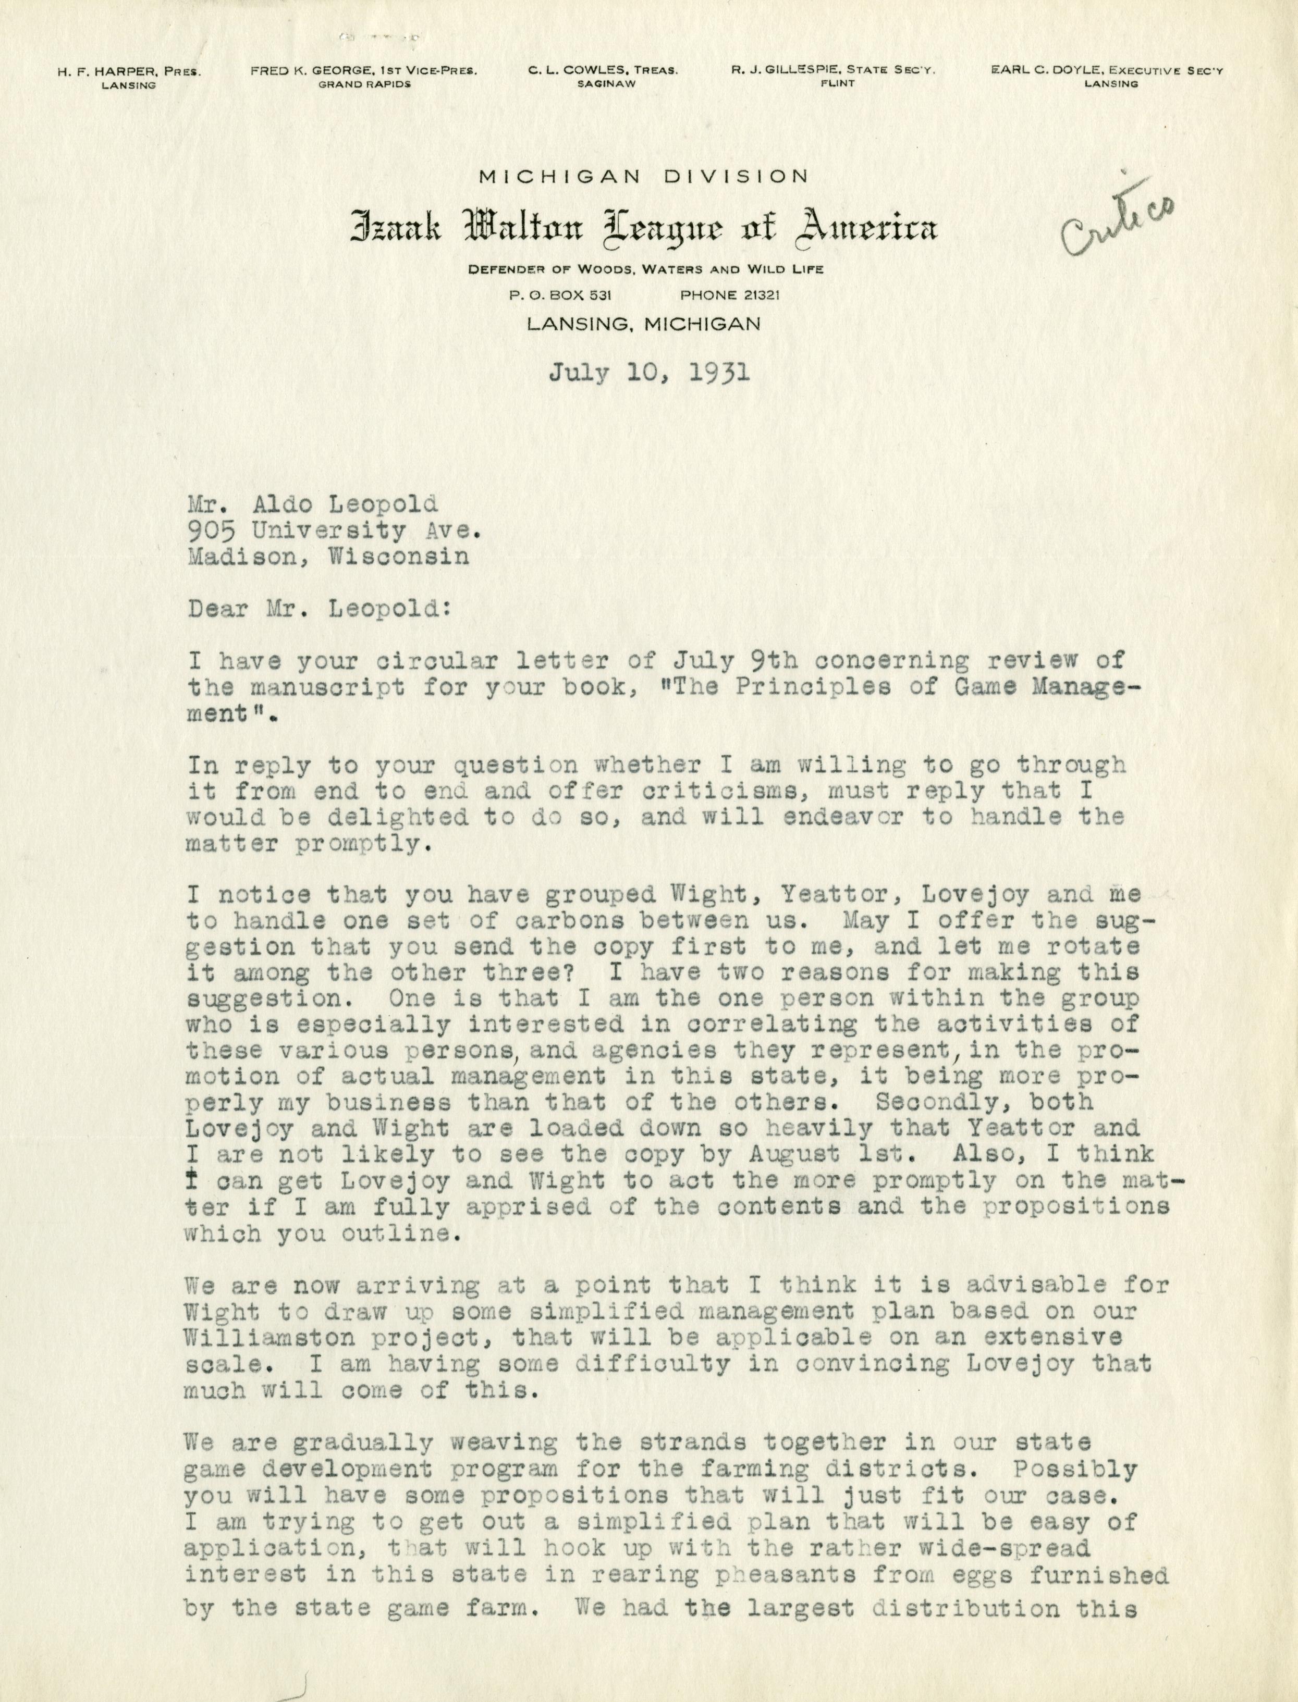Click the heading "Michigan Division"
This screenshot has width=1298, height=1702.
pyautogui.click(x=644, y=177)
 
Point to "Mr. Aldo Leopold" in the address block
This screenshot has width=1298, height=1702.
pyautogui.click(x=312, y=504)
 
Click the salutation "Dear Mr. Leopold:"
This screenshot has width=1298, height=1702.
pyautogui.click(x=317, y=609)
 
